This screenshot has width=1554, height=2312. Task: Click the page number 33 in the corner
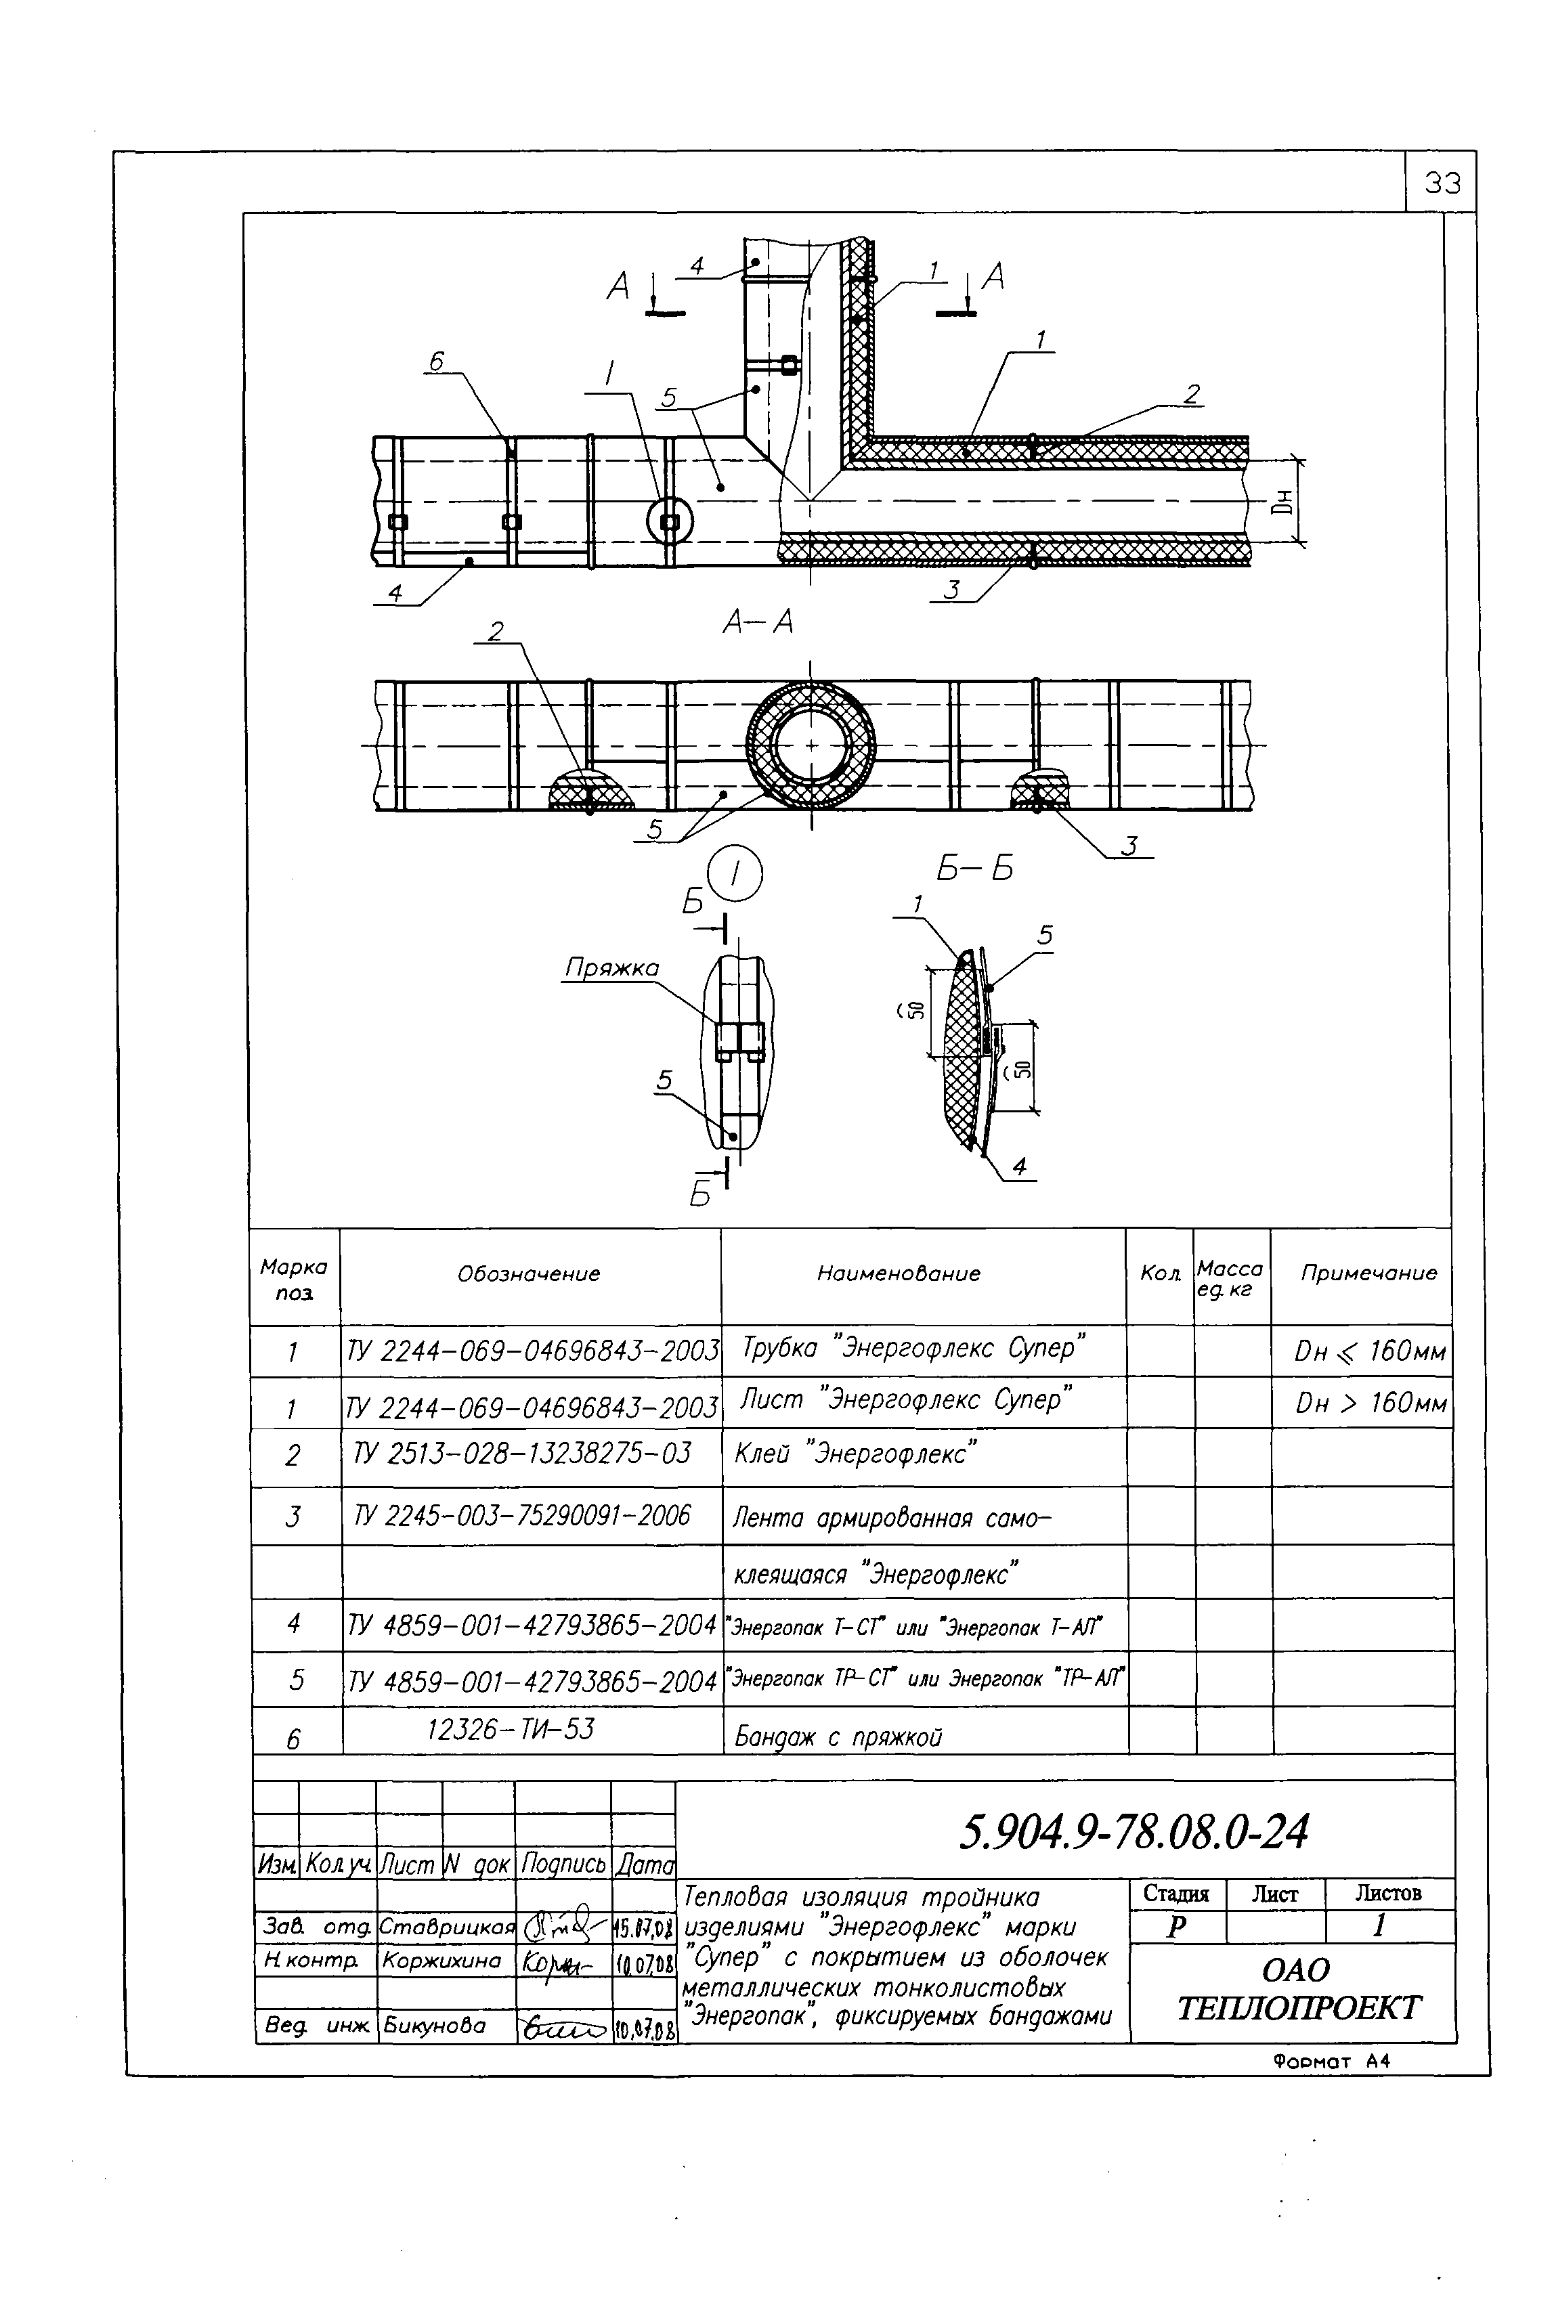coord(1442,183)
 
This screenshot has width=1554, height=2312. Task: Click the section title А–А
coord(758,622)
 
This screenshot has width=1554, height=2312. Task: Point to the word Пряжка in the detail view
coord(611,967)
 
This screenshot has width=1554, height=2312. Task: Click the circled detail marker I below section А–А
coord(735,873)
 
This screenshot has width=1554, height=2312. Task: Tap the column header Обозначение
coord(528,1274)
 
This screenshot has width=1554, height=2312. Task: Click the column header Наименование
coord(898,1274)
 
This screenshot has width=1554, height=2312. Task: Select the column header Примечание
coord(1368,1274)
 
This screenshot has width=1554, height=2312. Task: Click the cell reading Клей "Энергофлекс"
coord(855,1455)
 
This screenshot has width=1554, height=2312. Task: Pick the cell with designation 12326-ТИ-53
coord(511,1729)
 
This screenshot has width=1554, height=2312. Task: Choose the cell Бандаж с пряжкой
coord(838,1737)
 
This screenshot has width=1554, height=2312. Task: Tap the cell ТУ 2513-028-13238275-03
coord(522,1454)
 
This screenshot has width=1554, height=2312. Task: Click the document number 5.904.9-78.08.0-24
coord(1134,1833)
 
